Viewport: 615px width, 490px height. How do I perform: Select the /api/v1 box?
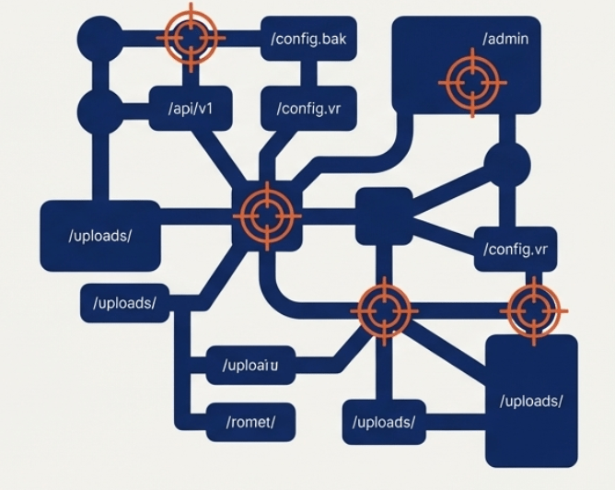click(x=191, y=109)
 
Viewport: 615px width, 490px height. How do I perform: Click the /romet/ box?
click(x=250, y=423)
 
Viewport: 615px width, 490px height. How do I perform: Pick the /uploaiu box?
click(x=250, y=365)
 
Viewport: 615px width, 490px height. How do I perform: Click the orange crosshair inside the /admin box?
click(x=471, y=83)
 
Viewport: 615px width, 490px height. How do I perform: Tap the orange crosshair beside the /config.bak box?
click(x=191, y=37)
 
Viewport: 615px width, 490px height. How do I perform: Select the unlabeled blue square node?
click(x=384, y=216)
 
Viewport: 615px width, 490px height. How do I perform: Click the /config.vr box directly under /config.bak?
click(x=308, y=109)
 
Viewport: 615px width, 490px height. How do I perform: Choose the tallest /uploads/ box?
click(x=531, y=400)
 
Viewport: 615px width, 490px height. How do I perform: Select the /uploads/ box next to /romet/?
click(x=384, y=423)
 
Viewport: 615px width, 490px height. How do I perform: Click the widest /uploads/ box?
click(x=100, y=235)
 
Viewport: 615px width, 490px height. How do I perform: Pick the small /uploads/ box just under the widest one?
click(x=124, y=302)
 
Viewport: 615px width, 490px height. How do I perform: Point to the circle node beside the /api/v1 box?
click(x=99, y=109)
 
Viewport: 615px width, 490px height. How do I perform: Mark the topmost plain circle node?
click(x=99, y=37)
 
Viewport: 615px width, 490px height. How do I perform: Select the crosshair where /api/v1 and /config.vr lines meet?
click(x=266, y=216)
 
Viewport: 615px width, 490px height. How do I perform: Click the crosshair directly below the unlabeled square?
click(x=383, y=309)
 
